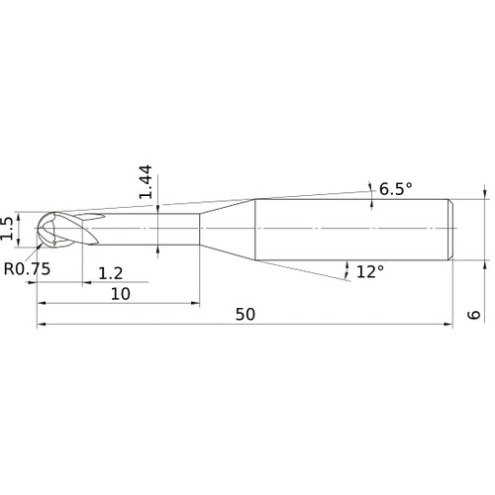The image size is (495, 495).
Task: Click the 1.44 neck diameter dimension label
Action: pos(146,181)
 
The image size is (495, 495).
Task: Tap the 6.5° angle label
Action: pos(396,189)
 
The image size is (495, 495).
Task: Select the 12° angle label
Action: pos(370,272)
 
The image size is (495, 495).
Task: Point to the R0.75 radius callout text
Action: pos(27,269)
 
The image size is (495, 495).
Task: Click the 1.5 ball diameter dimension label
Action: pos(7,229)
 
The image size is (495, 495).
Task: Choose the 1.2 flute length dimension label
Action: pos(111,273)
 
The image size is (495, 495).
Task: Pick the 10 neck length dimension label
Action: pos(121,294)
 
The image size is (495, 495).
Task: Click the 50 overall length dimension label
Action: pos(246,315)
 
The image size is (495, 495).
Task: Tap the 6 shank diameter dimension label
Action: pos(474,314)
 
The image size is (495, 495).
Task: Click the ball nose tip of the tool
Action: pos(37,228)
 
